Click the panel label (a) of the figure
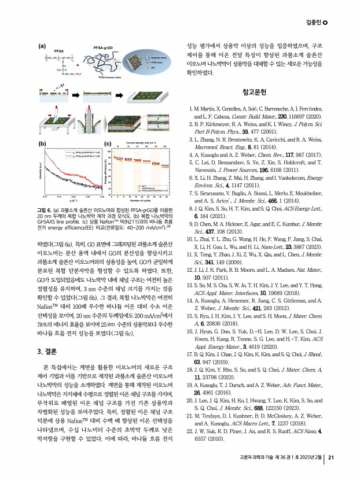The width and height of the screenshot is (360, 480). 42,45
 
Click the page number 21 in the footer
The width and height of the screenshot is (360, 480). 331,458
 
